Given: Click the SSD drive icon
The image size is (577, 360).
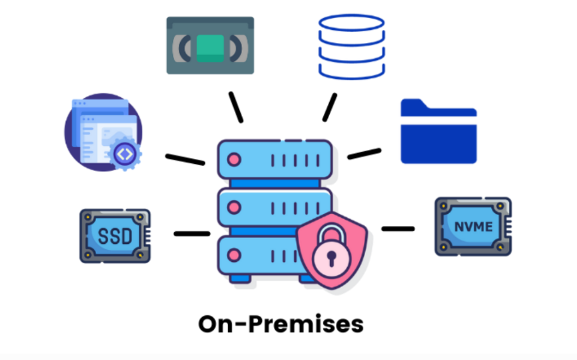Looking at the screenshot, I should [115, 236].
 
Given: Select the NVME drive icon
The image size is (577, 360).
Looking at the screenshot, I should [473, 226].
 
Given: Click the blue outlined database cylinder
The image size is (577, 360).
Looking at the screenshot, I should [351, 46].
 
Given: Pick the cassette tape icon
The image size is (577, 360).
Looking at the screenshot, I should [210, 45].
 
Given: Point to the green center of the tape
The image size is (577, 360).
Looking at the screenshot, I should [210, 46].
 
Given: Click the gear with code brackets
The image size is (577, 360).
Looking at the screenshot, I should [126, 154].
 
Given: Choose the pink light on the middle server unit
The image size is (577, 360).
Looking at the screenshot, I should [234, 207].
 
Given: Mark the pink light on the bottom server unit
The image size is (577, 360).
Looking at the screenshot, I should [234, 254].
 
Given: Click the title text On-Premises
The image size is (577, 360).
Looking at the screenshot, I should [280, 323].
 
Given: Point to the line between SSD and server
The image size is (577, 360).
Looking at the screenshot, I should [191, 234].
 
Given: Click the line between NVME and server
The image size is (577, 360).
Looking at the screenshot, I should [398, 228].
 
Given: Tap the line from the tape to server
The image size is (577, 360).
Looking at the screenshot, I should [236, 106].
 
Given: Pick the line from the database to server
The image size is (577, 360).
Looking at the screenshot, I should [329, 107].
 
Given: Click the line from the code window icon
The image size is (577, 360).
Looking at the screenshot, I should [185, 159].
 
